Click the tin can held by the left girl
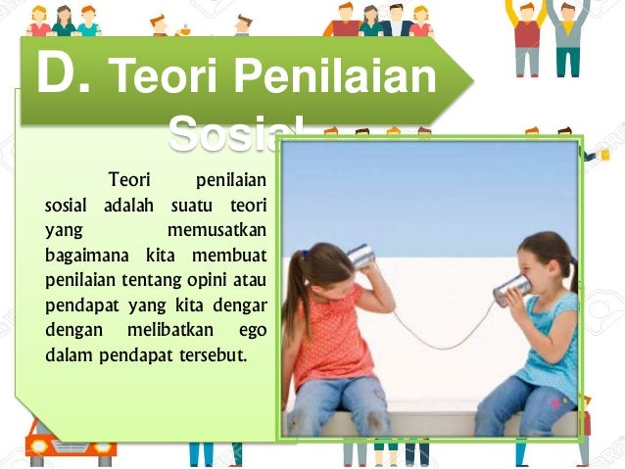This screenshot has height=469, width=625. tap(361, 257)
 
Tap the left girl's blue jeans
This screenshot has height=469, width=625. tap(333, 405)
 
